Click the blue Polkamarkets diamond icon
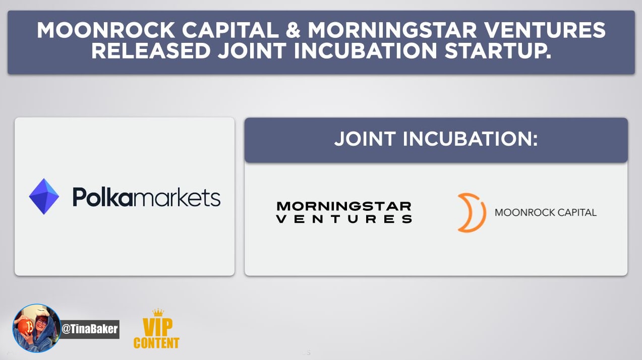44,196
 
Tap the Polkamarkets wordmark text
146,197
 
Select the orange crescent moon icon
472,212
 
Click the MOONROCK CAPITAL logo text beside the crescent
545,213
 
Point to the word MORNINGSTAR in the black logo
344,206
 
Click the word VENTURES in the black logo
344,219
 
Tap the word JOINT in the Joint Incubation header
365,139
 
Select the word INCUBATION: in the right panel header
471,139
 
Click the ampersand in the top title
293,30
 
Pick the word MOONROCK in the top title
106,30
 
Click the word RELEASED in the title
151,51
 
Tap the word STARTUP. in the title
498,51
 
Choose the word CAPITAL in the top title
230,30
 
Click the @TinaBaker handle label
90,329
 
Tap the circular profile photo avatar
37,328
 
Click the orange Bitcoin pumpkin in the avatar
26,327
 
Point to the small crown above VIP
158,312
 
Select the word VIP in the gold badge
157,327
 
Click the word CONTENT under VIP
156,343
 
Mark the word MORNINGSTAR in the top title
392,30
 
